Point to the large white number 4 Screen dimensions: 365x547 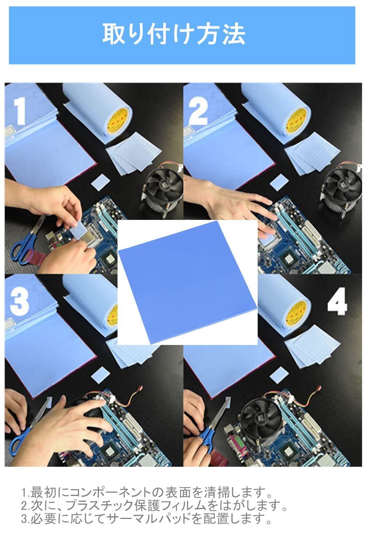(x=337, y=301)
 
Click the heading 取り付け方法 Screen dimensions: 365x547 (x=174, y=34)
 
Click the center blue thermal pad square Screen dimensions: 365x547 (x=188, y=282)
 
